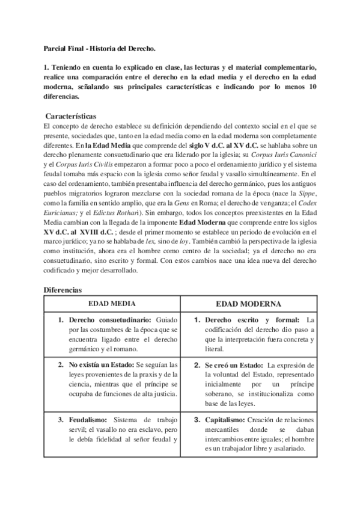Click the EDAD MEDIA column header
pos(112,304)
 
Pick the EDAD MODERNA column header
pos(249,304)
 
